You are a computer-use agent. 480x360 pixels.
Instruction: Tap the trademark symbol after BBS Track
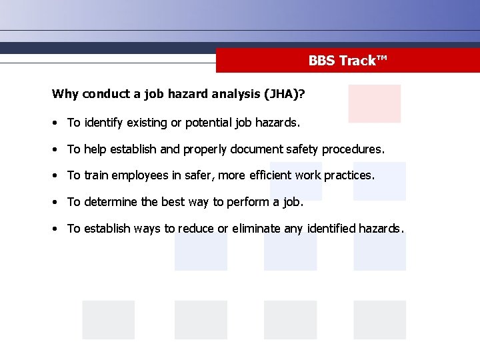[x=382, y=59]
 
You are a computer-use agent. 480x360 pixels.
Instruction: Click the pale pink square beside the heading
[x=374, y=103]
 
